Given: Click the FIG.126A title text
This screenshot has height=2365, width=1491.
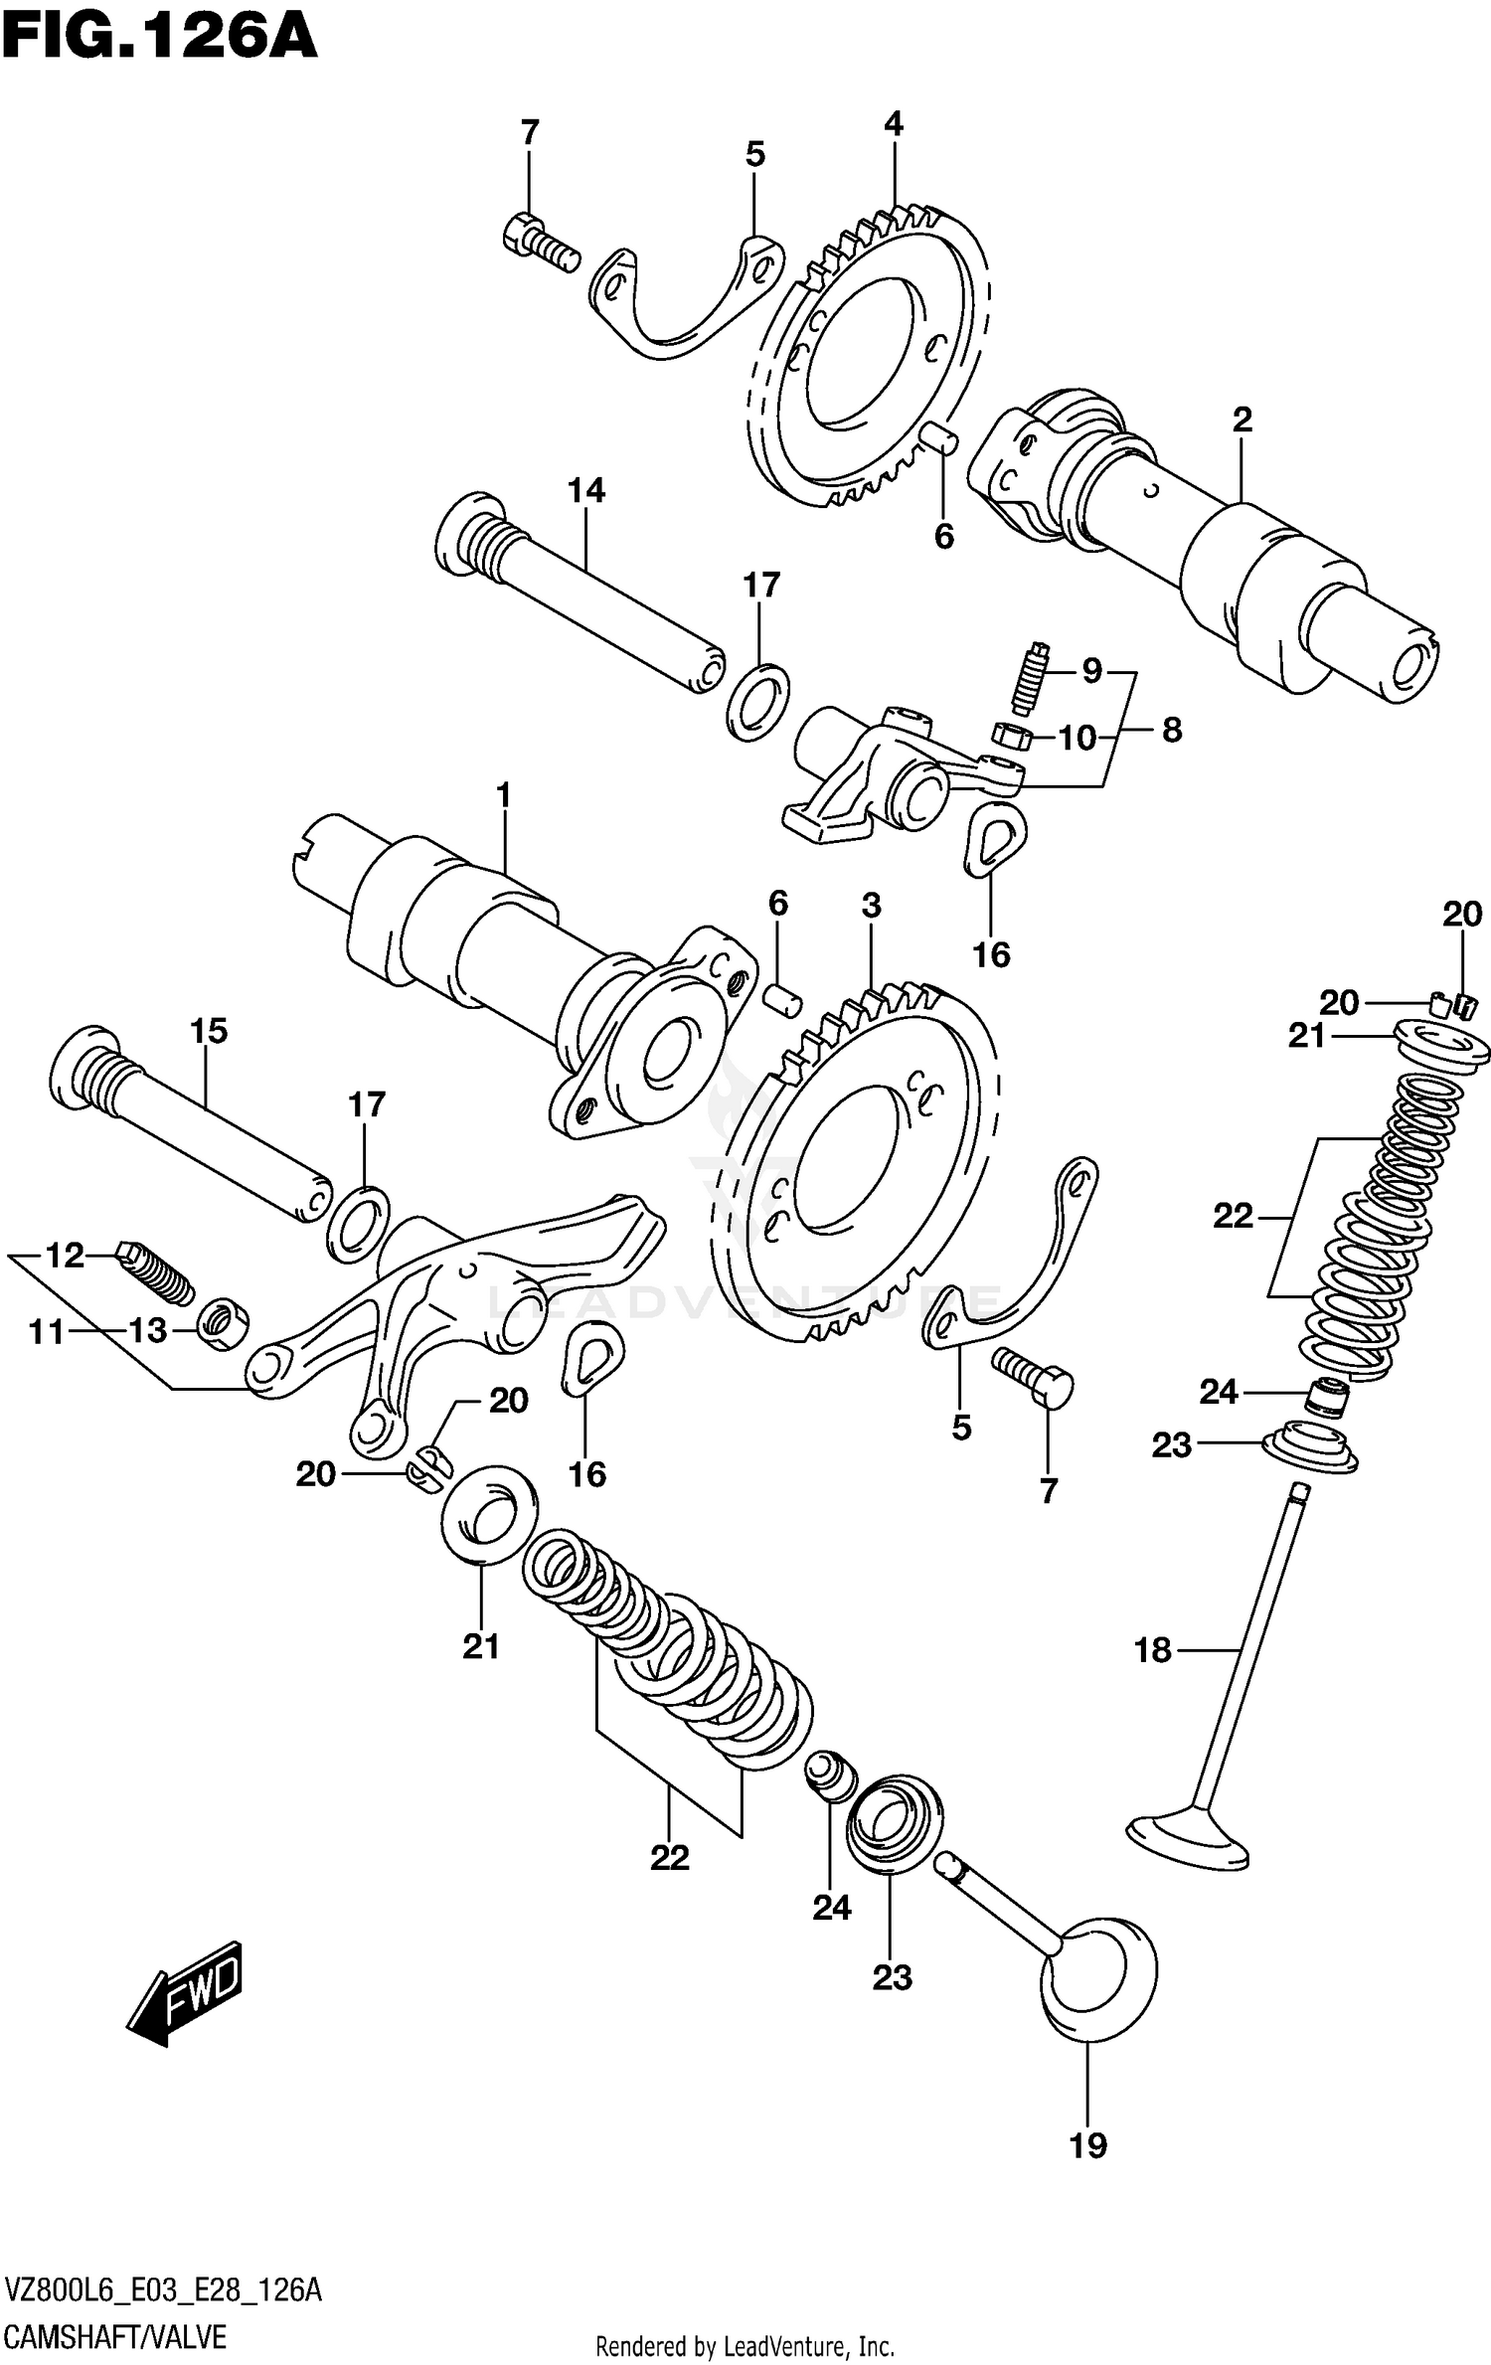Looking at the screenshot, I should coord(159,38).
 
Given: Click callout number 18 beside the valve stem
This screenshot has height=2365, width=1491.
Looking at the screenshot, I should coord(1153,1650).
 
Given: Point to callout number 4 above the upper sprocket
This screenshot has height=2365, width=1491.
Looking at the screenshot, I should coord(893,124).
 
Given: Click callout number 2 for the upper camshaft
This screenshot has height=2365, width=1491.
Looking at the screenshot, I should coord(1242,421).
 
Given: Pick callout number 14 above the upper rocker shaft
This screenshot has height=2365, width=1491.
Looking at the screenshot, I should coord(586,490).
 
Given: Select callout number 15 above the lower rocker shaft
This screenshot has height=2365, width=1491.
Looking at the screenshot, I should coord(210,1031).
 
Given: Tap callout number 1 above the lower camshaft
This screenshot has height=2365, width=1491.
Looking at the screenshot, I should coord(503,795).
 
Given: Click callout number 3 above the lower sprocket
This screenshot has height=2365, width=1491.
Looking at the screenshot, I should coord(871,906).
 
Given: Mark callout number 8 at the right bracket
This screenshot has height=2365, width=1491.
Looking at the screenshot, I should coord(1172,731).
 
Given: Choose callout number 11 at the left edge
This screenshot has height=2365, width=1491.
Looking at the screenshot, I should coord(46,1332).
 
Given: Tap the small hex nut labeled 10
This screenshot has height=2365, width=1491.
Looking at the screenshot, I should coord(1009,736).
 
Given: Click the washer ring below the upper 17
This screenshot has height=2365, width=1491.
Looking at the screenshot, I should coord(757,704).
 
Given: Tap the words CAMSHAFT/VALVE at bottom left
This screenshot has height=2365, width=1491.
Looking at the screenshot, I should coord(116,2329).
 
